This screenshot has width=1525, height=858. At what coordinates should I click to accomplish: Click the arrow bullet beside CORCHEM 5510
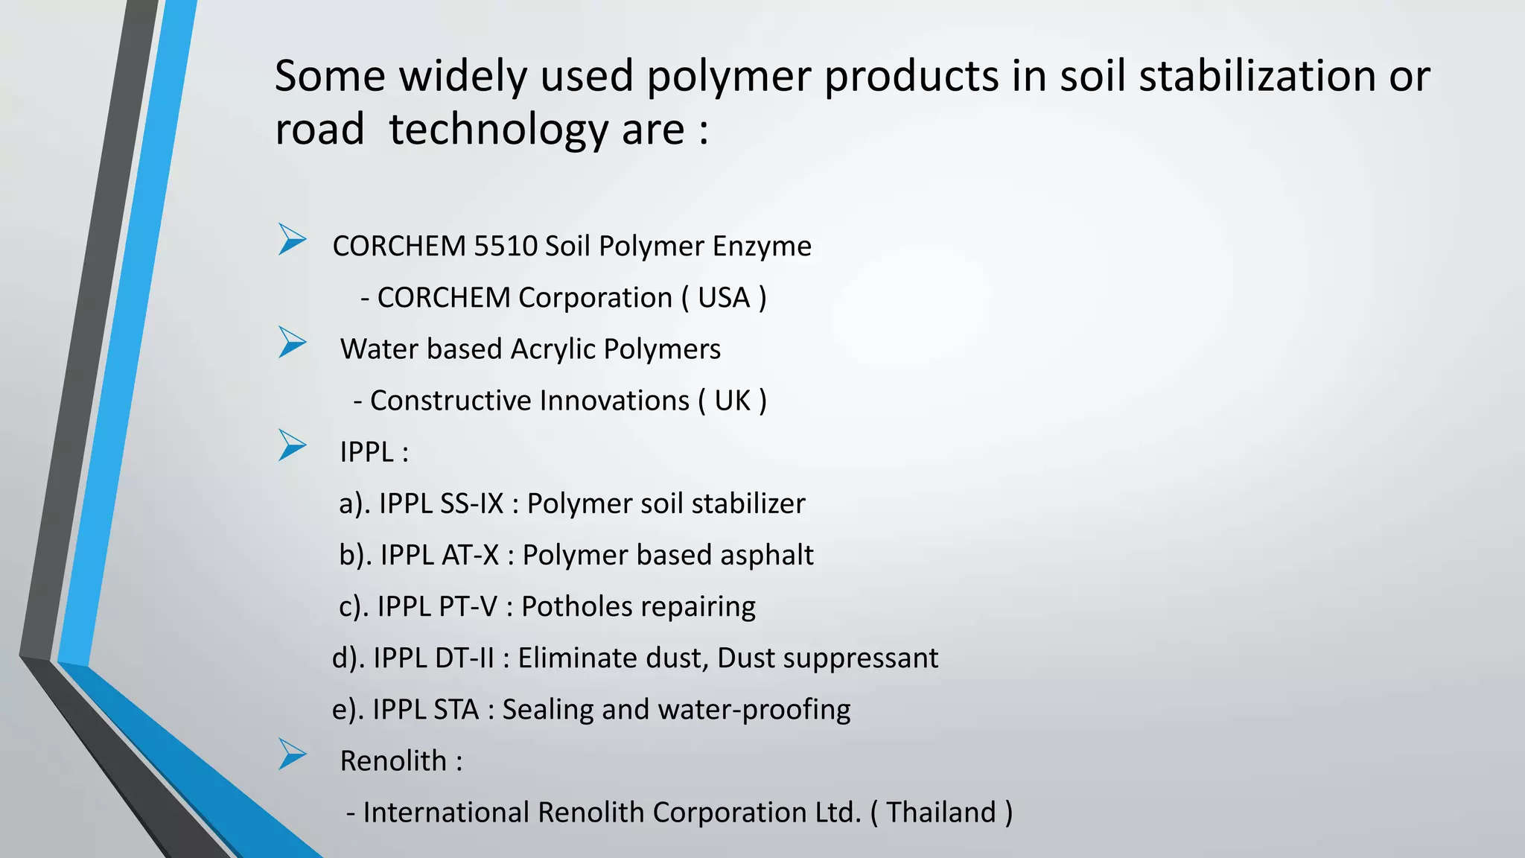292,240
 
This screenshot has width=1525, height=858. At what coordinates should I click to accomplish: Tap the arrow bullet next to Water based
292,343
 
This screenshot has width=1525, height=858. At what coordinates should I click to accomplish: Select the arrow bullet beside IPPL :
292,445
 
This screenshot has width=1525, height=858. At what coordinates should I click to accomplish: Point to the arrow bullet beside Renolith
292,754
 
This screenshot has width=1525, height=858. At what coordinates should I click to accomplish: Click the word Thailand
941,813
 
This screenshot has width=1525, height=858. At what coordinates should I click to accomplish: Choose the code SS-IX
472,504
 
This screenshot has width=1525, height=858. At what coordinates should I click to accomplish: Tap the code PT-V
468,607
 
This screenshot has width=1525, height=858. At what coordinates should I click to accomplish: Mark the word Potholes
570,607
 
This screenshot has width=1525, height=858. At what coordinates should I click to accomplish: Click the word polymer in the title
728,77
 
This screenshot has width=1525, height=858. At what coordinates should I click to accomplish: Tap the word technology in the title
499,130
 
